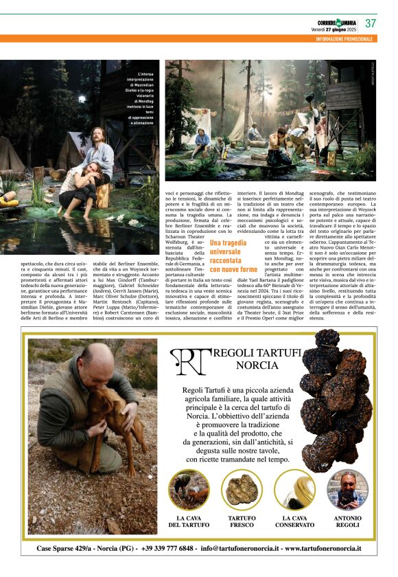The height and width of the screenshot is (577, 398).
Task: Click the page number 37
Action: [371, 23]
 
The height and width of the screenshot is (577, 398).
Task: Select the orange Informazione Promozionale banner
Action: [344, 39]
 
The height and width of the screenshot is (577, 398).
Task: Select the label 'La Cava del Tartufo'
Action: [189, 521]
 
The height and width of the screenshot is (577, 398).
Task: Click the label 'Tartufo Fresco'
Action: [242, 521]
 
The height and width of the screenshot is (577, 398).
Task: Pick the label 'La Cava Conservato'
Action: [294, 521]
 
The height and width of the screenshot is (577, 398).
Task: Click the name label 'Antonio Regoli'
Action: [347, 521]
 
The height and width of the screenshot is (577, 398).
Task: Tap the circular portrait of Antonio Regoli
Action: [347, 489]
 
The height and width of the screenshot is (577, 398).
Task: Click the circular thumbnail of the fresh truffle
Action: [242, 489]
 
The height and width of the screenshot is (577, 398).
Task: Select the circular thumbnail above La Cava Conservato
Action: [294, 489]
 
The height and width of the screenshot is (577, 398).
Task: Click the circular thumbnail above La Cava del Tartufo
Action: [189, 489]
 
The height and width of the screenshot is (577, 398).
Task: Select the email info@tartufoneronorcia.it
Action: [240, 549]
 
